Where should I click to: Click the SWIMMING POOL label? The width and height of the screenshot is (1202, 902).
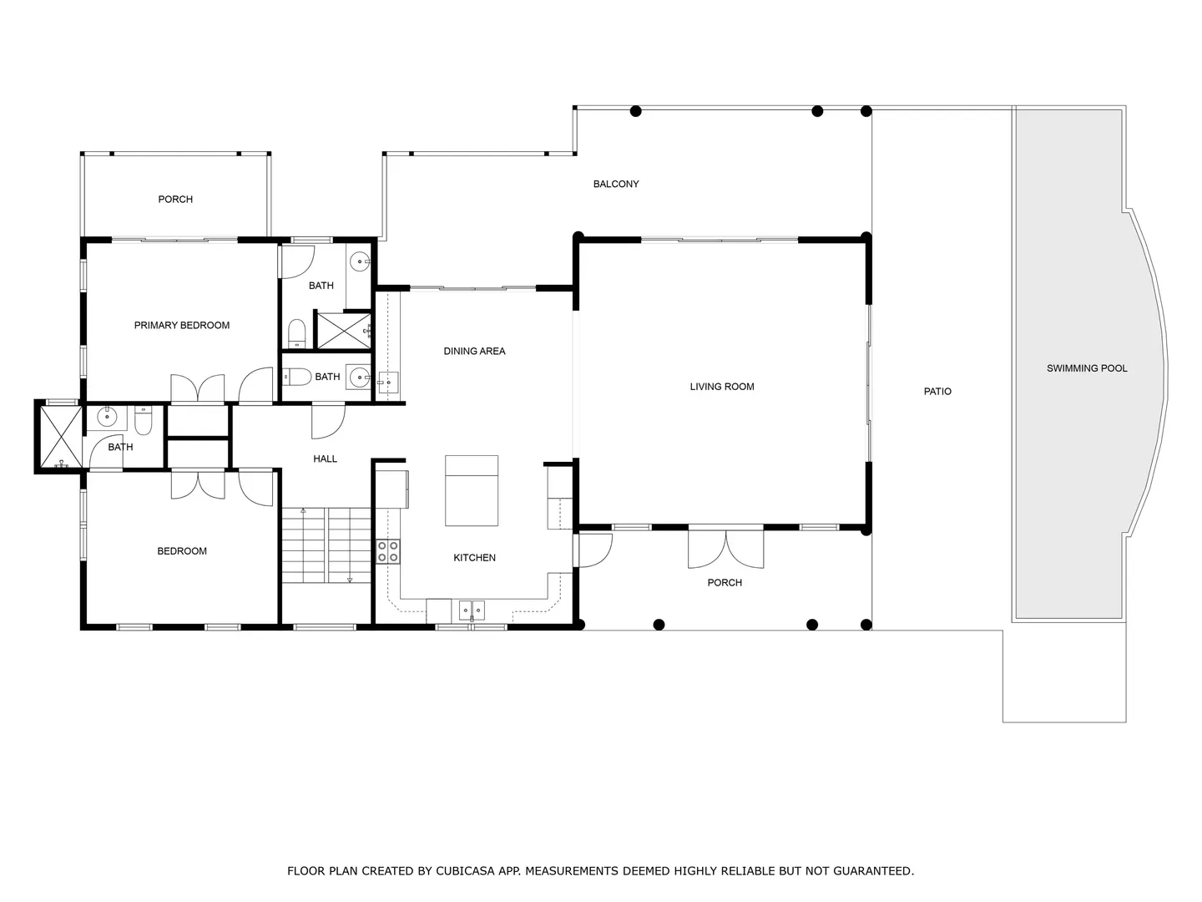pyautogui.click(x=1087, y=368)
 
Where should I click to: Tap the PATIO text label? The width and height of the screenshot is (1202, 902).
pyautogui.click(x=937, y=392)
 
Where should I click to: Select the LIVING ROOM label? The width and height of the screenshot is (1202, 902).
pyautogui.click(x=722, y=387)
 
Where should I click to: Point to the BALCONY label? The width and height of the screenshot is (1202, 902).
pyautogui.click(x=616, y=184)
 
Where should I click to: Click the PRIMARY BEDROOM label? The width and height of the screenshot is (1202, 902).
pyautogui.click(x=182, y=326)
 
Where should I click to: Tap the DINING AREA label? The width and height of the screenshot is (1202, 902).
pyautogui.click(x=474, y=351)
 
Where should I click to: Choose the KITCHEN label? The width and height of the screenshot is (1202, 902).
pyautogui.click(x=474, y=558)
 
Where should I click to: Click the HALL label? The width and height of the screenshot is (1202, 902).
pyautogui.click(x=325, y=459)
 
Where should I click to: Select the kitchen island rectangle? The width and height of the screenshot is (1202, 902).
pyautogui.click(x=472, y=491)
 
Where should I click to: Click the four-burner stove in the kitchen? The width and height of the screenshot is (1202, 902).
pyautogui.click(x=387, y=551)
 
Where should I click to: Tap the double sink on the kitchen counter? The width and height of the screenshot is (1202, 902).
pyautogui.click(x=472, y=610)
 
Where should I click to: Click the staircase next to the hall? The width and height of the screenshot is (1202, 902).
pyautogui.click(x=326, y=545)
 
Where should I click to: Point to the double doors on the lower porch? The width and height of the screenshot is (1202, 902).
pyautogui.click(x=725, y=549)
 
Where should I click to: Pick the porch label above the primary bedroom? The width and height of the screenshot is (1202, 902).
pyautogui.click(x=175, y=200)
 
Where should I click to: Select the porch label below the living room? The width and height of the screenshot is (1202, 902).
pyautogui.click(x=725, y=583)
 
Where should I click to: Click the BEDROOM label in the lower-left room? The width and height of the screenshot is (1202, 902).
pyautogui.click(x=182, y=551)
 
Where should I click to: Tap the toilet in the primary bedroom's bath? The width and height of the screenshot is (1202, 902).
pyautogui.click(x=296, y=333)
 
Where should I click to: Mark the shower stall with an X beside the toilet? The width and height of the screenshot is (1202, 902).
pyautogui.click(x=344, y=330)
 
